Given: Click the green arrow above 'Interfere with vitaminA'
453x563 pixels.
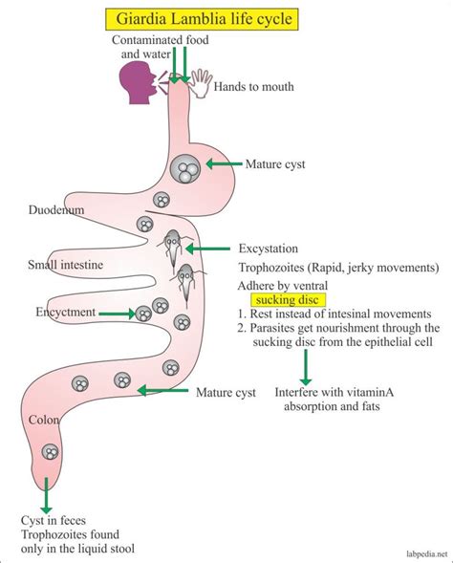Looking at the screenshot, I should [306, 367].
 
